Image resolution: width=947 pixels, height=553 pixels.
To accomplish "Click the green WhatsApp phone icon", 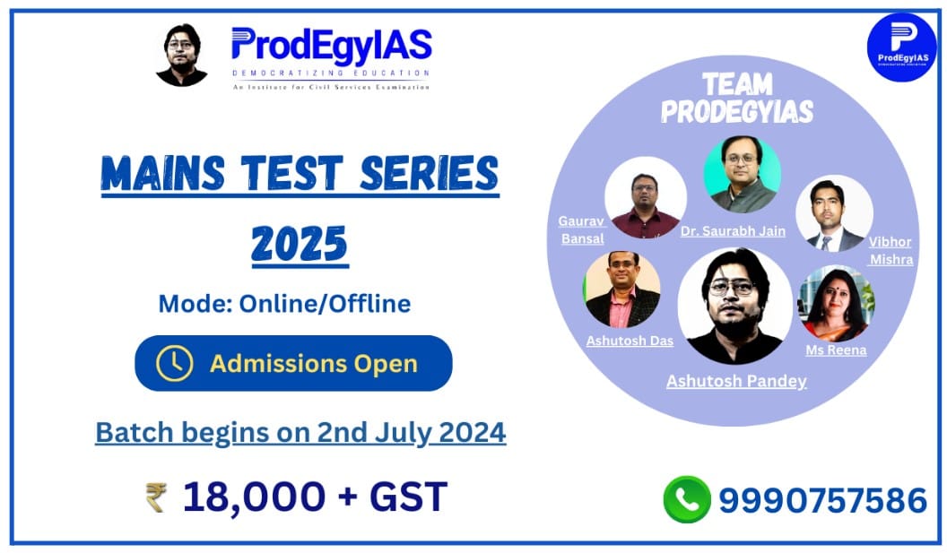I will point(686,499).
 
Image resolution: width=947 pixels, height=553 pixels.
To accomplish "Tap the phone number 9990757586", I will point(822,500).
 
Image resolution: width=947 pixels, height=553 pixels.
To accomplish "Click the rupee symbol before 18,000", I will point(156,497).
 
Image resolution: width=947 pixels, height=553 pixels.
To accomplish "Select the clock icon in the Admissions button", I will point(174,363).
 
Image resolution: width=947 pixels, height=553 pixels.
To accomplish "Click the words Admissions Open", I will point(313,364).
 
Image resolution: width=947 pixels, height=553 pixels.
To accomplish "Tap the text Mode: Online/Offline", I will point(284,303).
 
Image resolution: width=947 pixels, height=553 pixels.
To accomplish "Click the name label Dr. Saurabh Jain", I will point(733,231).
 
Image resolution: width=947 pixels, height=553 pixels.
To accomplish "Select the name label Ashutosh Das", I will point(629,341).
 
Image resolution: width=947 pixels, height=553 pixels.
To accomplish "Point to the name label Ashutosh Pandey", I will point(735,381).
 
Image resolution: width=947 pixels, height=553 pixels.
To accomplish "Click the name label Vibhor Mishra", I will point(891,251).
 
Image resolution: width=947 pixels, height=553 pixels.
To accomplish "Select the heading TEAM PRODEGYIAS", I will point(736,98).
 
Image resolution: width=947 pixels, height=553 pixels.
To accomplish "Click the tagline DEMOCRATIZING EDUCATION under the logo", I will point(330,73).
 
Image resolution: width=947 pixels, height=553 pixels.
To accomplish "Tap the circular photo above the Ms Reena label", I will point(836,303).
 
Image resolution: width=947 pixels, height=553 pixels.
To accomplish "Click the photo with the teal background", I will point(742,174).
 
